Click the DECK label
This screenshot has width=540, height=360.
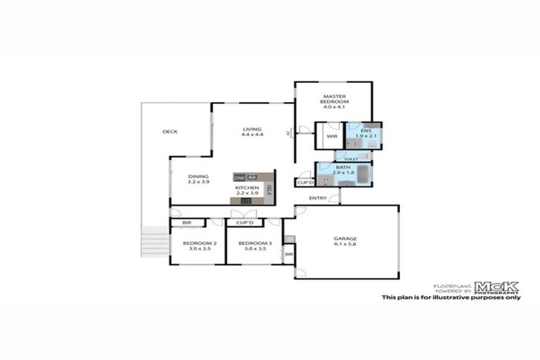(x=169, y=131)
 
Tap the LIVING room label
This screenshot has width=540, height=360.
(x=252, y=129)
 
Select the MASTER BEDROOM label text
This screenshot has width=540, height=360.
(x=335, y=98)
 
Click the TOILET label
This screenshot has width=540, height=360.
(x=351, y=160)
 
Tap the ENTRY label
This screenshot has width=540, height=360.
(x=317, y=198)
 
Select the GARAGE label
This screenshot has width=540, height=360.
(x=345, y=239)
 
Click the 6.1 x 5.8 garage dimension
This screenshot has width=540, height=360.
(x=345, y=245)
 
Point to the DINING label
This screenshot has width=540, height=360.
(x=198, y=176)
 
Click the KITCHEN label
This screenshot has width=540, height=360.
(x=247, y=188)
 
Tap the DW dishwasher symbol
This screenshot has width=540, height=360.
(x=239, y=177)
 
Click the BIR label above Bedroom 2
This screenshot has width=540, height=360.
(x=187, y=223)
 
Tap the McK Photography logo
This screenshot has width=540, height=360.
(x=496, y=287)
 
